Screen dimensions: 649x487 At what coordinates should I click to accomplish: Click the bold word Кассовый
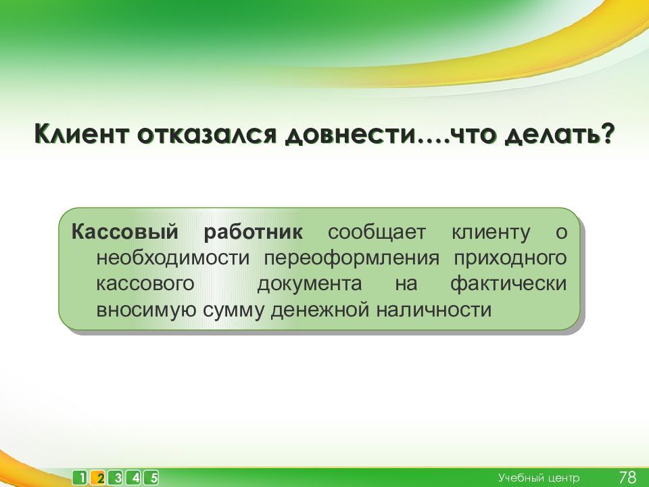pyautogui.click(x=124, y=232)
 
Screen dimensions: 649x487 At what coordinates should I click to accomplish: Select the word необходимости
pyautogui.click(x=173, y=258)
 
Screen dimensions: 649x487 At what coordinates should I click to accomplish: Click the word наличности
pyautogui.click(x=434, y=310)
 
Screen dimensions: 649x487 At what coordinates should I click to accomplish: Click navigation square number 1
pyautogui.click(x=80, y=478)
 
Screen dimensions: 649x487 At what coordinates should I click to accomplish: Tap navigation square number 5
pyautogui.click(x=151, y=478)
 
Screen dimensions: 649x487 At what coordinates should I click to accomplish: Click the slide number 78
pyautogui.click(x=627, y=477)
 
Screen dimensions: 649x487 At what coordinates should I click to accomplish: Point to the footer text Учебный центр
pyautogui.click(x=539, y=478)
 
